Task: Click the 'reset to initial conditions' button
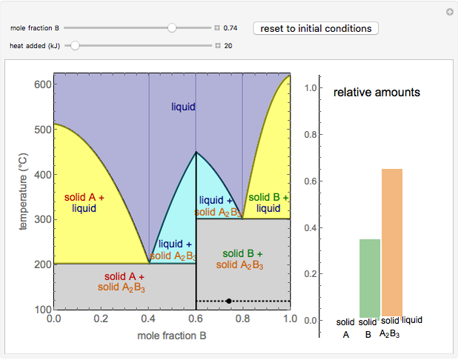316,28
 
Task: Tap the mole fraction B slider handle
172,28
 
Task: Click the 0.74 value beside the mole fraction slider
230,28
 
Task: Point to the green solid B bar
369,279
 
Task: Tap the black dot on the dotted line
229,301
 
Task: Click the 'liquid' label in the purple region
183,107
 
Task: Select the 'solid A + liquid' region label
84,203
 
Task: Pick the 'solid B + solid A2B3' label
242,259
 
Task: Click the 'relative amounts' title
376,93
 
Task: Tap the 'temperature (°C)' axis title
22,192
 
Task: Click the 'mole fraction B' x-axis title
172,336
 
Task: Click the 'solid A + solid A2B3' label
124,281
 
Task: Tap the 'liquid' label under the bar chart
412,320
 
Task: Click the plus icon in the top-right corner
449,12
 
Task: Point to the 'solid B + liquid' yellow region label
268,203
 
